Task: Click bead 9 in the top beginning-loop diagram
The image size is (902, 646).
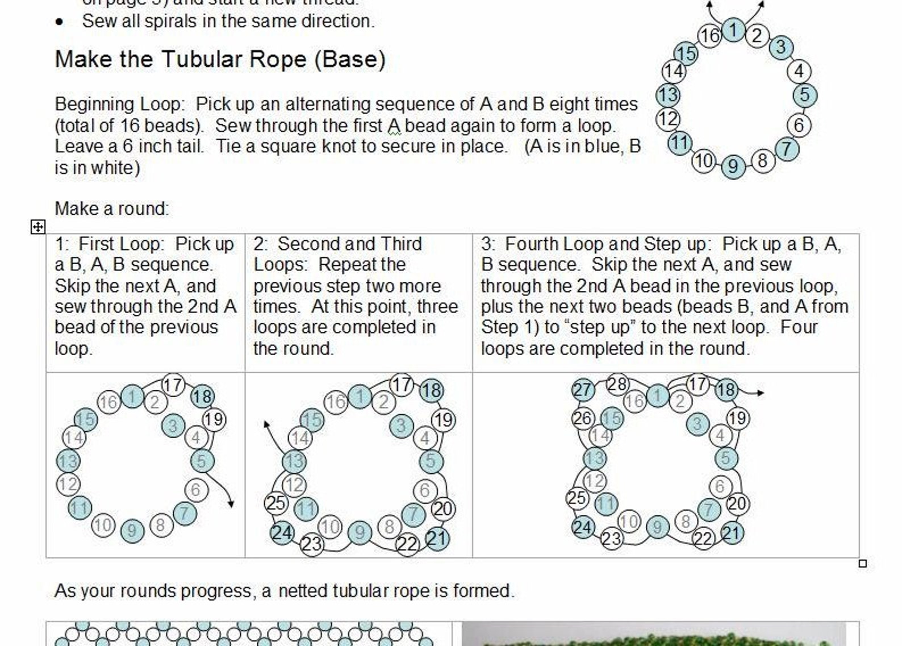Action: (733, 166)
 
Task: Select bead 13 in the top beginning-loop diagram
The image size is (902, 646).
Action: (668, 95)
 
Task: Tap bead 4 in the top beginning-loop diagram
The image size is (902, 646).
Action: (799, 71)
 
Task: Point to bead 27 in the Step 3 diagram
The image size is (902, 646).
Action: (583, 390)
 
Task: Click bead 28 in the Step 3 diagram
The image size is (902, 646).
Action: (617, 385)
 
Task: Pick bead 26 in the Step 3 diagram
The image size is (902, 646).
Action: (583, 419)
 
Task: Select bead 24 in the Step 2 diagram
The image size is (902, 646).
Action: (282, 532)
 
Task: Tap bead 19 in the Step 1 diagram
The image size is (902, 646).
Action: (214, 420)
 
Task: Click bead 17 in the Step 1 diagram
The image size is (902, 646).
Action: (173, 385)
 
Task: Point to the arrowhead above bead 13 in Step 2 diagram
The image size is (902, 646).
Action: (266, 424)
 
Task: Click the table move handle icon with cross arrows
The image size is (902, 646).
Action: (37, 227)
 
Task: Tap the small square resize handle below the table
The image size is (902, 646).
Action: (862, 564)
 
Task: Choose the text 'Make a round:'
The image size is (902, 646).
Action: (112, 209)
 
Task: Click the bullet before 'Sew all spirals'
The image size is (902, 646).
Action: (60, 22)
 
